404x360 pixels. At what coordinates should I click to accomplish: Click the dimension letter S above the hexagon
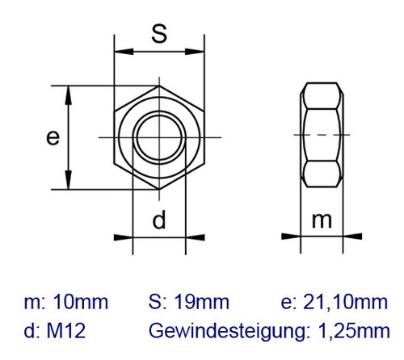160,34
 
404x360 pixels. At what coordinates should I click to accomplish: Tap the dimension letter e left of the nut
53,138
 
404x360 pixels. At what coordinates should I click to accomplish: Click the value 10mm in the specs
79,303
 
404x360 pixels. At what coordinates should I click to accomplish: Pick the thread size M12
67,330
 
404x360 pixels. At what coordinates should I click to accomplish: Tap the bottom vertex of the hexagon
159,191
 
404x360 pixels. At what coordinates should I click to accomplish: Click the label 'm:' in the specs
34,303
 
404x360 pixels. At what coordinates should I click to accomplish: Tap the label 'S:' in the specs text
158,303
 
